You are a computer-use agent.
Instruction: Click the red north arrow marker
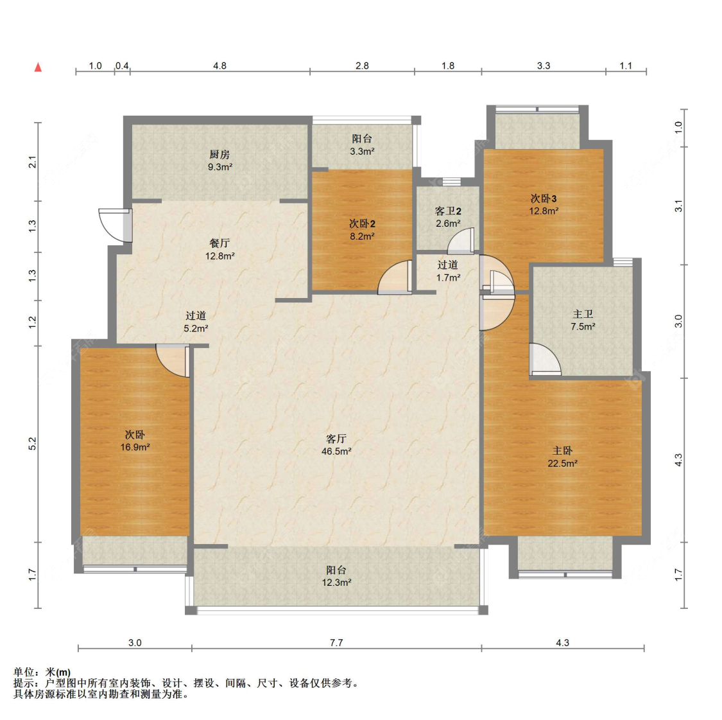coord(39,67)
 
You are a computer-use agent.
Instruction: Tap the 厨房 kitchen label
coord(219,154)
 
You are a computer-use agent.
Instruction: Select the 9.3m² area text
coord(219,167)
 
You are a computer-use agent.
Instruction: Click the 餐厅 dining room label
coord(219,243)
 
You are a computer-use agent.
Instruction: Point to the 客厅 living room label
coord(336,439)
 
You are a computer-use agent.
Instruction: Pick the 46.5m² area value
coord(336,452)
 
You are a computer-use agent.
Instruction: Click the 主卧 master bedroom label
coord(562,451)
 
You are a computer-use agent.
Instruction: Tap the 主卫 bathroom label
coord(583,314)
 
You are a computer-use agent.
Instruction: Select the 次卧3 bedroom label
coord(544,198)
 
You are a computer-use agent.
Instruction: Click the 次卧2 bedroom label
coord(362,224)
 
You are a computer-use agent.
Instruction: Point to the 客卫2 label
coord(448,211)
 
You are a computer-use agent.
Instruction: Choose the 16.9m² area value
coord(135,447)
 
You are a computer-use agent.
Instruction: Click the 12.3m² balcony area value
coord(336,583)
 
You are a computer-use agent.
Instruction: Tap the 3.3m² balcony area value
coord(362,151)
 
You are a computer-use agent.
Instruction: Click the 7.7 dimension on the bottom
coord(336,642)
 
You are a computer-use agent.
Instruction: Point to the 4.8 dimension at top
coord(219,66)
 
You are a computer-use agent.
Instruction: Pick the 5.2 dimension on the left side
coord(32,444)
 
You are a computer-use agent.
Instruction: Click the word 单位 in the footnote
coord(24,672)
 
